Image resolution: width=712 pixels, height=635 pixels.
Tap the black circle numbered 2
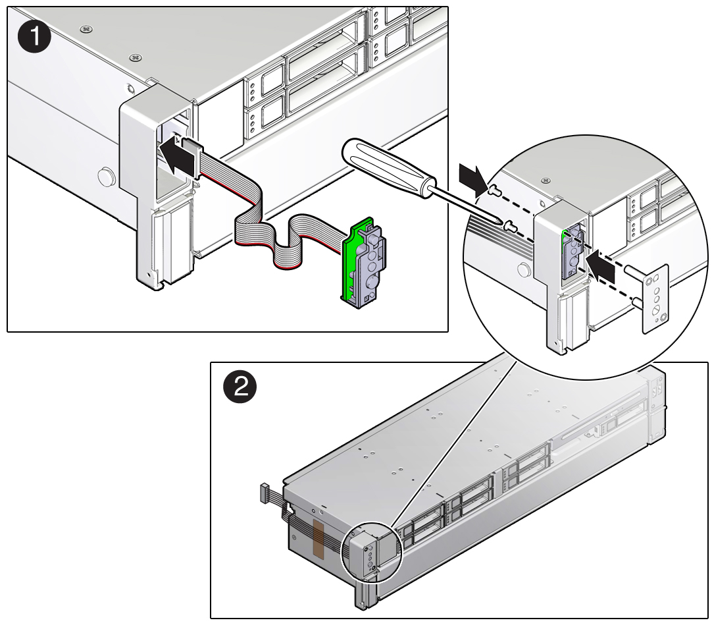[240, 388]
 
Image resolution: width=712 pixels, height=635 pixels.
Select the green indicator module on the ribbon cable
[364, 263]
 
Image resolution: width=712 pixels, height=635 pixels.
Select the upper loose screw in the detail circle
[494, 190]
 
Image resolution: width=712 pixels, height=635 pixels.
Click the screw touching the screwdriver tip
[511, 225]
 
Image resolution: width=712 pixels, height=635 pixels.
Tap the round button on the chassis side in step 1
[106, 177]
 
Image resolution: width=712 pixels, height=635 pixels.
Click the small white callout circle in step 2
[373, 552]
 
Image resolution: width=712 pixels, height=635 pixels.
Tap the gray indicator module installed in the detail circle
[571, 252]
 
